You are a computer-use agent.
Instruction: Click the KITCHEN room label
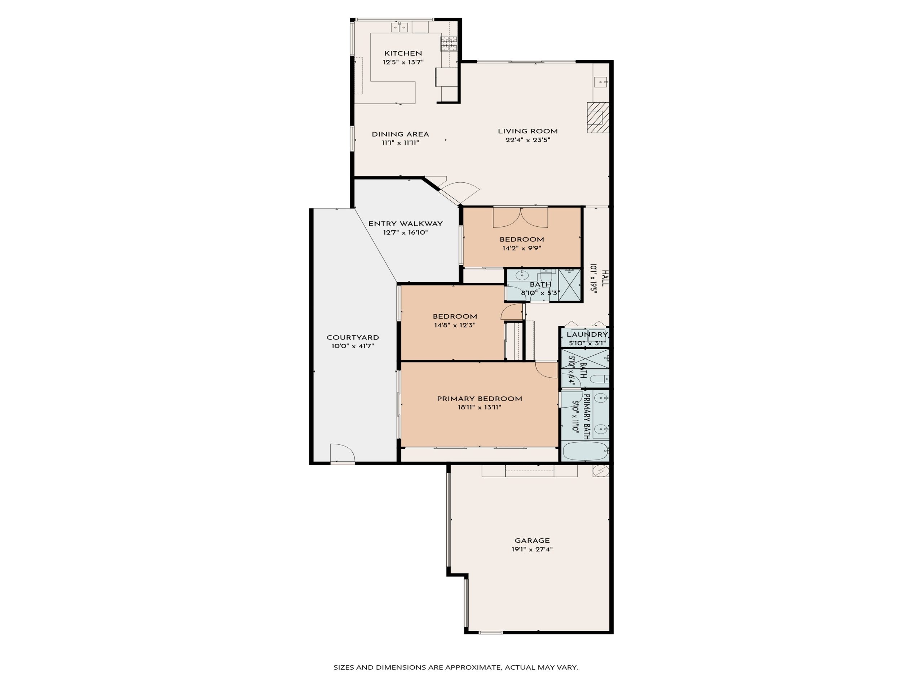tap(403, 53)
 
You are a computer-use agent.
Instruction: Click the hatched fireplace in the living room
tap(597, 117)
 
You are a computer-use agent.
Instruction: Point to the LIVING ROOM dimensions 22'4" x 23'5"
tap(527, 140)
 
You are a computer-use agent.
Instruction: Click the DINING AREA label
tap(400, 134)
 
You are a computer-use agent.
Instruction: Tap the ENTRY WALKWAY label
tap(405, 223)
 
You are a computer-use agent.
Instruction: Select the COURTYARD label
tap(353, 337)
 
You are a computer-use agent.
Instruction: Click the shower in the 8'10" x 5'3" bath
tap(569, 285)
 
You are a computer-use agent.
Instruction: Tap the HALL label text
tap(605, 278)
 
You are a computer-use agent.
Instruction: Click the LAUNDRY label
tap(587, 334)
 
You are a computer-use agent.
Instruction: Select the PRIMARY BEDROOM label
tap(480, 399)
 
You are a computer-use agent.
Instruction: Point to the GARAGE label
tap(532, 540)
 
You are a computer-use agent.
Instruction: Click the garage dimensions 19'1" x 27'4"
tap(532, 549)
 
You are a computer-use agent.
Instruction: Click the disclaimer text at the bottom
tap(456, 667)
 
